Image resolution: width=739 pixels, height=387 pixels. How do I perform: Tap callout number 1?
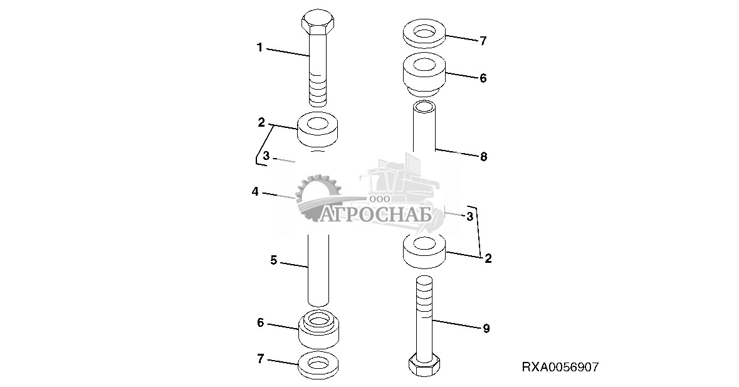pos(259,48)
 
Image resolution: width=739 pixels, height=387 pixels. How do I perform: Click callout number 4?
pos(255,192)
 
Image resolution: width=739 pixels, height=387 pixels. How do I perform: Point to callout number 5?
pos(273,260)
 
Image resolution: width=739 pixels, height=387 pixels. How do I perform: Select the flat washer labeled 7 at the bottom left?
pos(318,365)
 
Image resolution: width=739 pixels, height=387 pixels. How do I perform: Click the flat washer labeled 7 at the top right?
pos(424,33)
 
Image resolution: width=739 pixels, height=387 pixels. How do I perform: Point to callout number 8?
pos(483,157)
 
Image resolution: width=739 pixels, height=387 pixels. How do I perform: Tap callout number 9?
pos(486,329)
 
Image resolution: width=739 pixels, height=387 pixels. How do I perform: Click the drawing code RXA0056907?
pos(560,367)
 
